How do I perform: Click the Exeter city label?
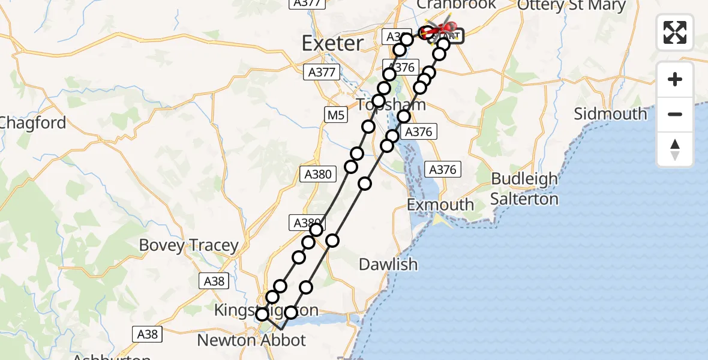click(x=332, y=43)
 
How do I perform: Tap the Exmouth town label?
click(x=440, y=205)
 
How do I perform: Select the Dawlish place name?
click(x=388, y=264)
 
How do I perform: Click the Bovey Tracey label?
click(x=188, y=245)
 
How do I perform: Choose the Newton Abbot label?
click(x=251, y=341)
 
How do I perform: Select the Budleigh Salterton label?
click(x=524, y=189)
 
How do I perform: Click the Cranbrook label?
click(x=456, y=5)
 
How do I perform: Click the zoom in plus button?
click(x=675, y=80)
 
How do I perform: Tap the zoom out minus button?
click(x=675, y=115)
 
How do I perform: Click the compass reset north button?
click(x=675, y=149)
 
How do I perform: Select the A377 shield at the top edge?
click(x=307, y=3)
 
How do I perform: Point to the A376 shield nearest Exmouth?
click(x=443, y=170)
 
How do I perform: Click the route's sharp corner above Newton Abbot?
click(x=281, y=329)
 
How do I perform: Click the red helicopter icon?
click(x=442, y=29)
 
